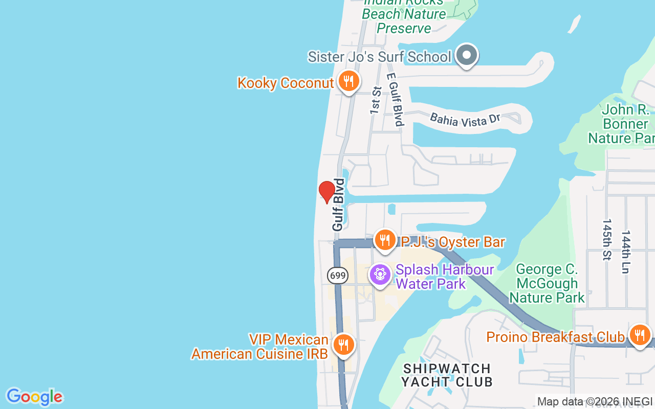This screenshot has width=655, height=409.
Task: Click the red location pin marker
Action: (326, 191)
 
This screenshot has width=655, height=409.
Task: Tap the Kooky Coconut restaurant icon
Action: (348, 81)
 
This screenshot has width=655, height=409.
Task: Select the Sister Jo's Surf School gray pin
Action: (466, 55)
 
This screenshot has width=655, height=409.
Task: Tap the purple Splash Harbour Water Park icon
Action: (380, 275)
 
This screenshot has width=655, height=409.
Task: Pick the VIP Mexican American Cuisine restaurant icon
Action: (343, 345)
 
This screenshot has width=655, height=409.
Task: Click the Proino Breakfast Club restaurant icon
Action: (639, 335)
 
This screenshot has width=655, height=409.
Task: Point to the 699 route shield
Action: (338, 276)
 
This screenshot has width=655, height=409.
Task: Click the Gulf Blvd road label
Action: (338, 204)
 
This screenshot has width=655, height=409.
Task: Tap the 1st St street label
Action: (376, 100)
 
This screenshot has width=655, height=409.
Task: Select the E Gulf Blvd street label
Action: (395, 99)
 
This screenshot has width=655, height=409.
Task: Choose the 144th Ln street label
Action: (625, 252)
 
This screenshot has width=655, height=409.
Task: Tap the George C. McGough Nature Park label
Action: (547, 283)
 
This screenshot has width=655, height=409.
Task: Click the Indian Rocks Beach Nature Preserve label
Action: (404, 14)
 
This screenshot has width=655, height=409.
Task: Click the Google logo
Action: (34, 397)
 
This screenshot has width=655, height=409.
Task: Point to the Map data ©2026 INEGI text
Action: (595, 402)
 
